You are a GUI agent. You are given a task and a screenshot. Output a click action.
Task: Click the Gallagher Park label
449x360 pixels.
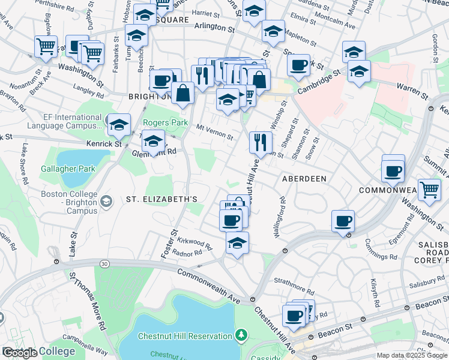pyautogui.click(x=68, y=169)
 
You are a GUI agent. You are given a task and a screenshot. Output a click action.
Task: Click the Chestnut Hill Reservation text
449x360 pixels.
pyautogui.click(x=185, y=336)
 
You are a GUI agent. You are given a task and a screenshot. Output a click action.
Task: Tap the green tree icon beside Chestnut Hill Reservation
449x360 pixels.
pyautogui.click(x=241, y=334)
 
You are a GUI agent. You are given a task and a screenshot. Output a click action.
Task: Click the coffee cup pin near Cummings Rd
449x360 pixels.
pyautogui.click(x=343, y=221)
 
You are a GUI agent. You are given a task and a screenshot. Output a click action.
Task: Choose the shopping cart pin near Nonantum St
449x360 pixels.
pyautogui.click(x=46, y=46)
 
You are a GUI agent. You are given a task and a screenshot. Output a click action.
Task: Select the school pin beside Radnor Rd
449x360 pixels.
pyautogui.click(x=237, y=243)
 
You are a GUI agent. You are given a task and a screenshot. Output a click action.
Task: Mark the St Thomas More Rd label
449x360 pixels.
pyautogui.click(x=88, y=300)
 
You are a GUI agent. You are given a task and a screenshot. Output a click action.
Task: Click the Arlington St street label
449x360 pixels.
pyautogui.click(x=214, y=28)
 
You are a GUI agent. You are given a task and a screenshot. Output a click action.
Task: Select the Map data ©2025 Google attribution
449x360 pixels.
pyautogui.click(x=412, y=355)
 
